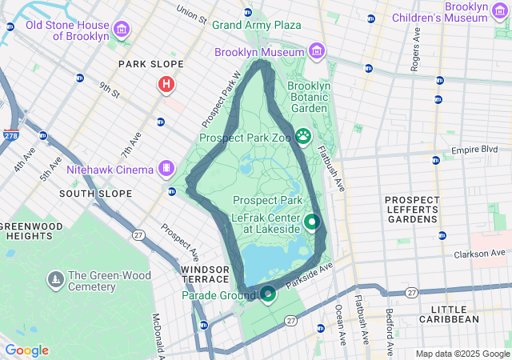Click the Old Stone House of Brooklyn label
click(x=68, y=30)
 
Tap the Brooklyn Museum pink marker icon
click(x=318, y=52)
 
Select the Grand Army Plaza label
click(x=256, y=25)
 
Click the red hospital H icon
click(x=166, y=83)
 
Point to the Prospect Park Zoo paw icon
click(x=304, y=136)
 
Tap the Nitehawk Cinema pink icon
click(x=166, y=169)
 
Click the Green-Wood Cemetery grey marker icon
click(x=55, y=280)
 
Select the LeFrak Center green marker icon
click(x=312, y=222)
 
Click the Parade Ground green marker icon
click(x=268, y=294)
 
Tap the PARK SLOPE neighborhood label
click(x=150, y=64)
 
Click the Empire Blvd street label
click(x=474, y=150)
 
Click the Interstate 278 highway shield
click(x=10, y=135)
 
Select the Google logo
click(x=27, y=350)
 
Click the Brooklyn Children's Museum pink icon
click(x=501, y=10)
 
